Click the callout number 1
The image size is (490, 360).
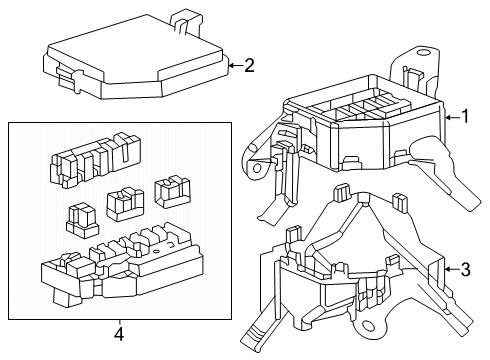pos(465,117)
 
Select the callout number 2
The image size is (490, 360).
pos(249,65)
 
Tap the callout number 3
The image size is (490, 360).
pos(465,269)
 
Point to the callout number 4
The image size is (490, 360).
pos(119,334)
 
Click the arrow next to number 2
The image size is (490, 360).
pos(235,65)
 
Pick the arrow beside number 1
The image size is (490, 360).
pos(452,117)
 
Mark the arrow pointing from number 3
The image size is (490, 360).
pos(452,269)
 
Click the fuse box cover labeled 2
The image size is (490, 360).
pos(136,57)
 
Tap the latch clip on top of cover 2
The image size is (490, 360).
pos(186,22)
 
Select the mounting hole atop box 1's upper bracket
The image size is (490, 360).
pos(424,52)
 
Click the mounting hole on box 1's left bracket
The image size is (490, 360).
pos(257,167)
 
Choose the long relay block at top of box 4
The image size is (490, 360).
pos(95,160)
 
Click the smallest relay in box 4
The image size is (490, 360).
pos(82,221)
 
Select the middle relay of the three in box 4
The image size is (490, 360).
pos(125,205)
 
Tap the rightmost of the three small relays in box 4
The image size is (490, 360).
pos(172,193)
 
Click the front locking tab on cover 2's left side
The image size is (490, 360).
pos(68,78)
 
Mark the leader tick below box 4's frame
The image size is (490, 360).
pos(119,323)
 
